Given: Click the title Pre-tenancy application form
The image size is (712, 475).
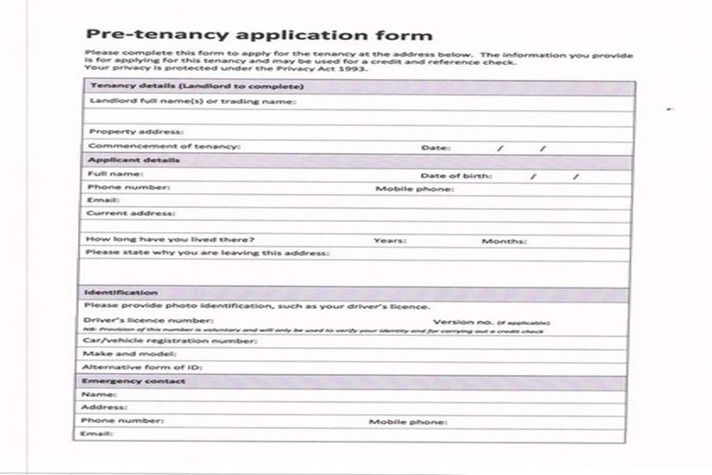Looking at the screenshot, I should click(258, 35).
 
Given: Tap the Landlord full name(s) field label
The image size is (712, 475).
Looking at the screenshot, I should click(191, 101).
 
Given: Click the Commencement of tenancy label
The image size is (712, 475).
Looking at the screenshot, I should click(163, 147).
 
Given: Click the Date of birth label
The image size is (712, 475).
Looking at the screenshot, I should click(456, 174).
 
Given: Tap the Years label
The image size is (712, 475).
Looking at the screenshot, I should click(389, 241).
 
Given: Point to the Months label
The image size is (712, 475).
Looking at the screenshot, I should click(503, 241).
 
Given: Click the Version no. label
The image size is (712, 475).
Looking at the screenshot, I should click(458, 322).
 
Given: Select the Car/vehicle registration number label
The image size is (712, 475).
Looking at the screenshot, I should click(170, 340).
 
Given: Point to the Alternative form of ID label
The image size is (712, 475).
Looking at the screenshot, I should click(142, 367).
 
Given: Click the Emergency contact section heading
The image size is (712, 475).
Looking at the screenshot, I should click(133, 381).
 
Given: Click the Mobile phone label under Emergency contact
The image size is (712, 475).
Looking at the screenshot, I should click(408, 421).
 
